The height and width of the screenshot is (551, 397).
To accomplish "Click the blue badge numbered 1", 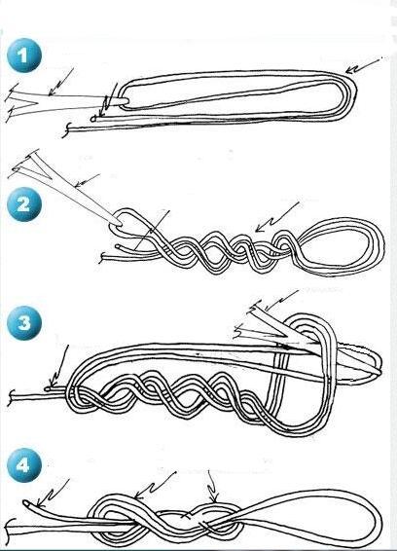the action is pos(24,55).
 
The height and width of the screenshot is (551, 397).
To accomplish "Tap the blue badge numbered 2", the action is pos(24,203).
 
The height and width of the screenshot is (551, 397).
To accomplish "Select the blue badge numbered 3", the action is pos(24,322).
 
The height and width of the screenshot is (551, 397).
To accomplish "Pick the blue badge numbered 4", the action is pos(24,465).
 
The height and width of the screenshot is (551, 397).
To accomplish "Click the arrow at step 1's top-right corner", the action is pos(364,66).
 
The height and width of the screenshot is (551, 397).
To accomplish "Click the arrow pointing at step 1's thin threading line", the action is pos(60,82).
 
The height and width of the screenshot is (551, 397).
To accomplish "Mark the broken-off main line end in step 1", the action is pos(66,130).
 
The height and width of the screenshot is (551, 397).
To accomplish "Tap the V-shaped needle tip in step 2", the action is pos(26,165).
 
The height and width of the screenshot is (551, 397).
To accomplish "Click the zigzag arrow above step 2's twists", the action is pos(277,217).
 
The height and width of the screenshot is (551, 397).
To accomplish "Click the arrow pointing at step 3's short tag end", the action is pos(59,367).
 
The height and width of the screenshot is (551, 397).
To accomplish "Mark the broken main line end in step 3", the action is pos(12,397).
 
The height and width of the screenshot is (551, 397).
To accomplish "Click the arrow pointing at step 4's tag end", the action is pos(53,493).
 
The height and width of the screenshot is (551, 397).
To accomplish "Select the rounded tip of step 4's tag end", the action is pos(25,503).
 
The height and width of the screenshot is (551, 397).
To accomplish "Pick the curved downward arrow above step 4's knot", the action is pos(212,486).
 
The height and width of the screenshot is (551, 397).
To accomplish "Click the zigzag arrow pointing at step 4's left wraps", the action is pos(155,486).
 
